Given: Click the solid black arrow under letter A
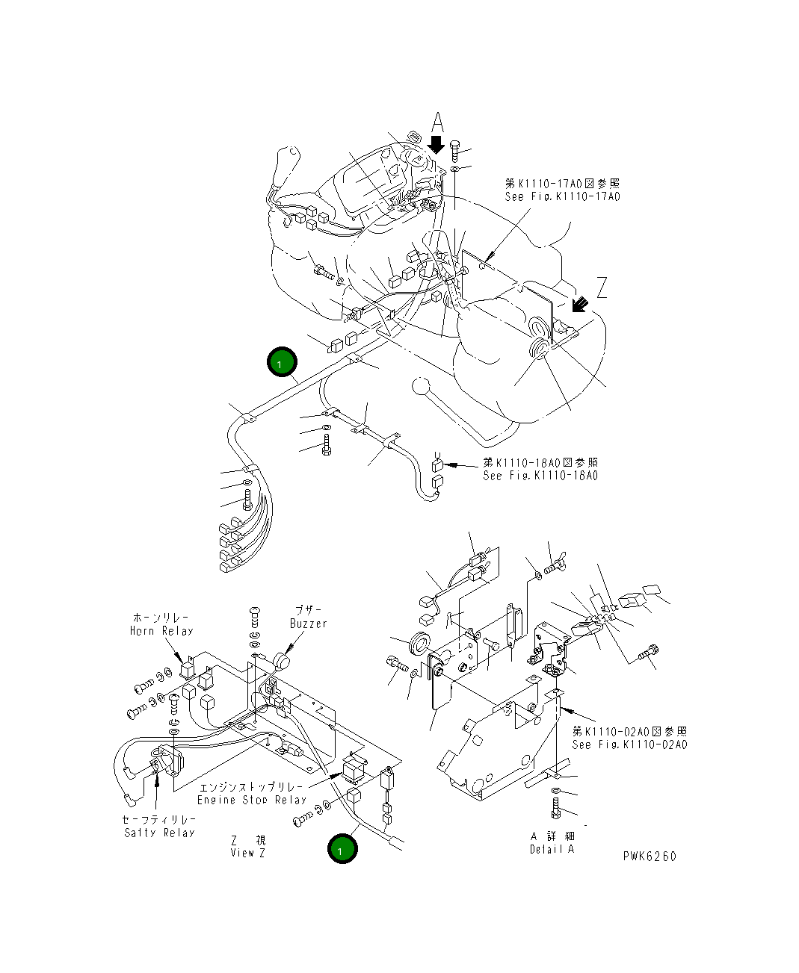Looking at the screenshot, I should coord(437,143).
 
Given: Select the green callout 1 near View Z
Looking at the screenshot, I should coord(342,849).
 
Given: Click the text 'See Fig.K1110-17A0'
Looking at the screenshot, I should coord(562,196).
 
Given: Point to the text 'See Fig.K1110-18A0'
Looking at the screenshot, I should coord(540,476).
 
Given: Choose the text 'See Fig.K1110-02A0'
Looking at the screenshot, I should coord(629,744).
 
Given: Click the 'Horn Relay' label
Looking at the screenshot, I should coord(161,631).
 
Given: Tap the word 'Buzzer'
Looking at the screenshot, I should coord(309,623).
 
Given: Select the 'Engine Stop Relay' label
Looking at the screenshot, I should coord(252,800).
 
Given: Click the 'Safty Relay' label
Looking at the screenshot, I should coord(159,833).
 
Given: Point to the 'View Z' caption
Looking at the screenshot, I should coord(247,852).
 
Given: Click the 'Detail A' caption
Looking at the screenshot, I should coord(552,849).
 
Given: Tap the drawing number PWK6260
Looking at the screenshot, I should coord(650,857).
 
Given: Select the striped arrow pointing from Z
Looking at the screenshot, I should coord(577,305).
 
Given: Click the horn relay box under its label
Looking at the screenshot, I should coord(187,668).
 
